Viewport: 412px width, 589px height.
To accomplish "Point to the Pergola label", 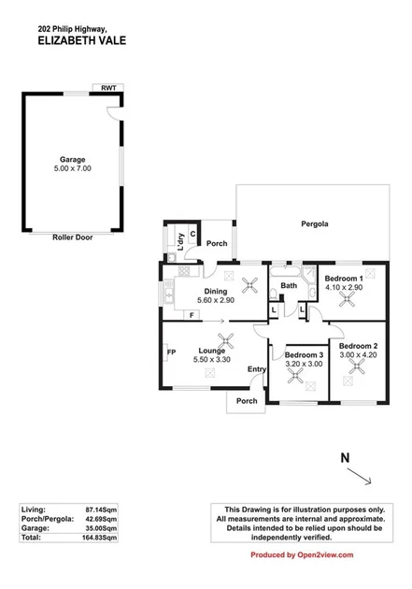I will click(x=314, y=223).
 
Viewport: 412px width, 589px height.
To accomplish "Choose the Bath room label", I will click(x=288, y=286).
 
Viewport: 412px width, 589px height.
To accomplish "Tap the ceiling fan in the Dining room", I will click(x=249, y=286).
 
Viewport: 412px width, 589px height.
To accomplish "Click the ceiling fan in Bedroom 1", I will click(x=349, y=298).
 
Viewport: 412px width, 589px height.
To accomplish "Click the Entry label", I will click(x=256, y=369).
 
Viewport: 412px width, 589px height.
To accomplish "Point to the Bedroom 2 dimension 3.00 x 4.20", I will click(x=356, y=354).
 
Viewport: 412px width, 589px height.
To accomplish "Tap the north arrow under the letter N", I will click(x=360, y=477).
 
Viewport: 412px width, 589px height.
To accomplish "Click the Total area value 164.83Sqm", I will click(x=97, y=539).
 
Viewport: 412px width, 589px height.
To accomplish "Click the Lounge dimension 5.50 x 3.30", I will click(x=211, y=359).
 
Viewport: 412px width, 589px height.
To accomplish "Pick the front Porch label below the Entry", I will click(x=247, y=401).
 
